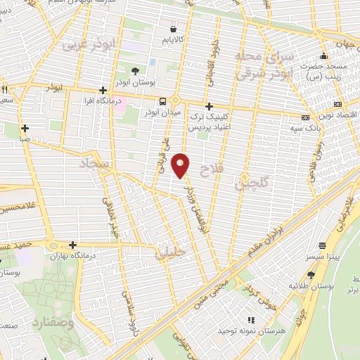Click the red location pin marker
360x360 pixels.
(x=181, y=165)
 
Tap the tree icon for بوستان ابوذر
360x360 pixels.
(x=136, y=70)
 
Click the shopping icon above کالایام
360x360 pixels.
(x=173, y=29)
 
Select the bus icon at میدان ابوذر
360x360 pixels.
(x=162, y=101)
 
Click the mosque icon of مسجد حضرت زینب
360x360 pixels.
(x=323, y=56)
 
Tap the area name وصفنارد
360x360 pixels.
(x=52, y=325)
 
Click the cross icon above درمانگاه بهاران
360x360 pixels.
(x=72, y=245)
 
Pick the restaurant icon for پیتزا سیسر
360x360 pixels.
(x=323, y=246)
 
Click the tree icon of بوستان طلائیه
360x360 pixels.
(x=310, y=275)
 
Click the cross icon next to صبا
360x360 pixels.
(x=25, y=129)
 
